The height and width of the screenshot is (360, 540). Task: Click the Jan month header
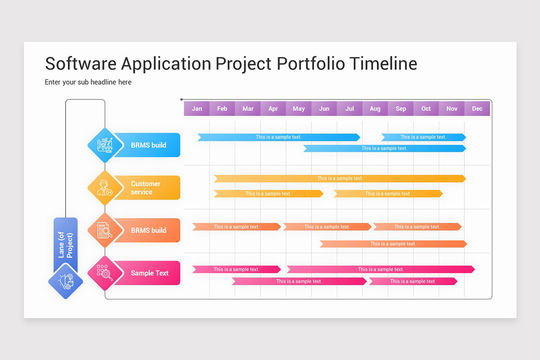coord(197,108)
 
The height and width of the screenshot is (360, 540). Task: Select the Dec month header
coord(477,108)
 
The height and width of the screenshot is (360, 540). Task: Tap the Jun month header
coord(324,108)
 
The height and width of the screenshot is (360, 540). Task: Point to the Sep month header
coord(400,108)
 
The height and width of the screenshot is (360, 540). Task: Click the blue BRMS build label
coord(148,145)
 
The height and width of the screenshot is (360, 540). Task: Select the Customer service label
coord(146,188)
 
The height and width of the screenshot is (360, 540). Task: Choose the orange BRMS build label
coord(148,230)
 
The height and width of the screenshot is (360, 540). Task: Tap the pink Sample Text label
coord(149,273)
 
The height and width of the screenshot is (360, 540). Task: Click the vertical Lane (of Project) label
coord(66,245)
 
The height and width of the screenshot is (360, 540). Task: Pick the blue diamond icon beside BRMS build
coord(105,145)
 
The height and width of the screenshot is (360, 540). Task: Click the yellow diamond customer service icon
coord(105,188)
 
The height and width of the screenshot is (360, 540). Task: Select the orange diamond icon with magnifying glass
coord(105,230)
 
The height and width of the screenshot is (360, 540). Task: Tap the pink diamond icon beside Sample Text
coord(105,273)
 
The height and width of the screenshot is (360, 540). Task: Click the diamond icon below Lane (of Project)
coord(66,282)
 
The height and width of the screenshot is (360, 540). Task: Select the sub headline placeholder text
coord(88,82)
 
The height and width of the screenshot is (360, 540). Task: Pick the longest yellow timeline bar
coord(340,179)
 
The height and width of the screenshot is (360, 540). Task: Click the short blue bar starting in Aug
coord(423,137)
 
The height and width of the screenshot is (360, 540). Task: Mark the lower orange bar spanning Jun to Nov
coord(393,244)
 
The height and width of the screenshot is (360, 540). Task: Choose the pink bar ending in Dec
coord(381,270)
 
